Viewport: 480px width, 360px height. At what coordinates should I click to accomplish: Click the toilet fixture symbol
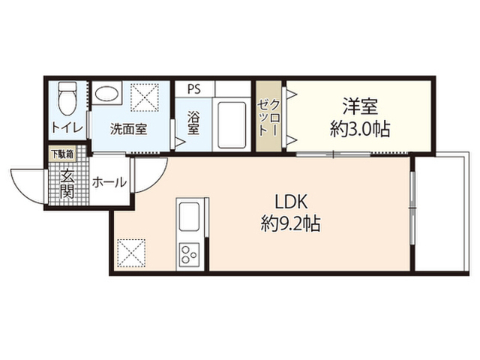pyautogui.click(x=67, y=98)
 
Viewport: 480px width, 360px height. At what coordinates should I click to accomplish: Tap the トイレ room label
pyautogui.click(x=67, y=127)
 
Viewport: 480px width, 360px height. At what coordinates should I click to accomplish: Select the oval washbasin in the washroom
pyautogui.click(x=106, y=93)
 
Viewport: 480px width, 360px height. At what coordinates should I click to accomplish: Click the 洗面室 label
pyautogui.click(x=129, y=129)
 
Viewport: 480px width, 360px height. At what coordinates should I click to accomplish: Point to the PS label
pyautogui.click(x=193, y=88)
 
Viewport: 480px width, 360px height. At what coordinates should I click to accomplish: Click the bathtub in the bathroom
pyautogui.click(x=232, y=124)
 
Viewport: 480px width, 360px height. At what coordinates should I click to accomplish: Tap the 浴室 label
pyautogui.click(x=193, y=123)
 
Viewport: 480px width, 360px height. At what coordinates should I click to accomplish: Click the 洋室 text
pyautogui.click(x=360, y=106)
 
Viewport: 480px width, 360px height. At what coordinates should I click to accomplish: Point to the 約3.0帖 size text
pyautogui.click(x=360, y=129)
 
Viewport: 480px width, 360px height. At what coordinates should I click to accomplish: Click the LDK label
pyautogui.click(x=290, y=202)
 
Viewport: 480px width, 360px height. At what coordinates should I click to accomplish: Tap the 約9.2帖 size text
pyautogui.click(x=290, y=224)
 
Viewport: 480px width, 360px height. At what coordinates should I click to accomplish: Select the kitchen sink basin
pyautogui.click(x=190, y=217)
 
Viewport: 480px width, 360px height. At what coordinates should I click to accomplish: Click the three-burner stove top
pyautogui.click(x=189, y=254)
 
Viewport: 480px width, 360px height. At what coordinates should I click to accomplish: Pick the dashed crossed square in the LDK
pyautogui.click(x=131, y=253)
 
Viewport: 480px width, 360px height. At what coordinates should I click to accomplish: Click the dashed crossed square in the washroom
pyautogui.click(x=145, y=97)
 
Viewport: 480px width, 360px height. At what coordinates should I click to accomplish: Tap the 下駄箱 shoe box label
pyautogui.click(x=62, y=154)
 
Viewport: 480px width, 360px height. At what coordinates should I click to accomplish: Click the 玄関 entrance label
pyautogui.click(x=67, y=184)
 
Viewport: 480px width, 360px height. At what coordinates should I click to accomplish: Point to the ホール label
pyautogui.click(x=109, y=183)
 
